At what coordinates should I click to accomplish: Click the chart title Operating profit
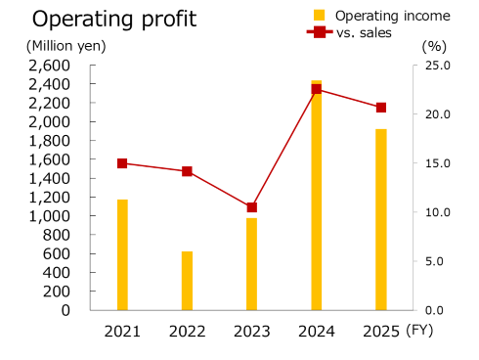click(114, 19)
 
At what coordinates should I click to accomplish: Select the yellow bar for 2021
click(122, 254)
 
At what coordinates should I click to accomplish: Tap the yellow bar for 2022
click(187, 281)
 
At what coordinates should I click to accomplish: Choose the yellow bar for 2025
click(381, 220)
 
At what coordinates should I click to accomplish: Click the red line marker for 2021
click(122, 163)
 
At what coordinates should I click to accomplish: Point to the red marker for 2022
click(187, 171)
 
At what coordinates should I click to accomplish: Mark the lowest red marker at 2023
click(251, 207)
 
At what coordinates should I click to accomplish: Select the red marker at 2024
click(317, 89)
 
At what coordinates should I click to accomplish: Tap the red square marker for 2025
click(381, 108)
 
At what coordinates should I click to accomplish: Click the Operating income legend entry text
click(392, 16)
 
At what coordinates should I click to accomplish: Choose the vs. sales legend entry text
click(364, 32)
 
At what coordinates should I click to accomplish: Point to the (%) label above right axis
click(433, 46)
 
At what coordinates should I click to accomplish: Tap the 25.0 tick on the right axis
click(437, 66)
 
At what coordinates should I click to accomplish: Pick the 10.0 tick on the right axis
click(437, 212)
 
